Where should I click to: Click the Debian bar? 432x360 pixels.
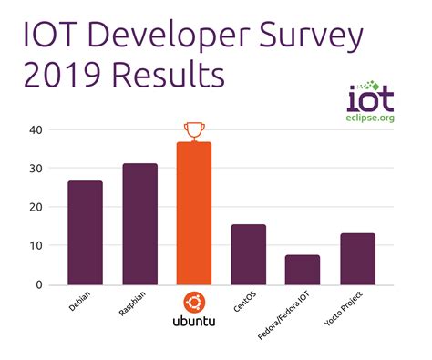[x=85, y=232]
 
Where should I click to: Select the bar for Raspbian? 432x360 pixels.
[x=139, y=224]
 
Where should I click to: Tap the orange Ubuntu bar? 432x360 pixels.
[x=194, y=213]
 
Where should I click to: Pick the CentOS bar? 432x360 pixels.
[x=248, y=254]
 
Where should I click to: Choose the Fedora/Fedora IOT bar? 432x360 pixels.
[x=303, y=270]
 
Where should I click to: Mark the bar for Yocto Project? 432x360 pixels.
[x=357, y=259]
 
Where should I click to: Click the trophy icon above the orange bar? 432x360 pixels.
[x=194, y=130]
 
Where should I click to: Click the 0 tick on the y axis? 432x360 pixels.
[x=38, y=284]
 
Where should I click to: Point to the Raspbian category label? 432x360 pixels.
[x=132, y=304]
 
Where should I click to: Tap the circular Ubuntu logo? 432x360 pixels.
[x=194, y=303]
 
